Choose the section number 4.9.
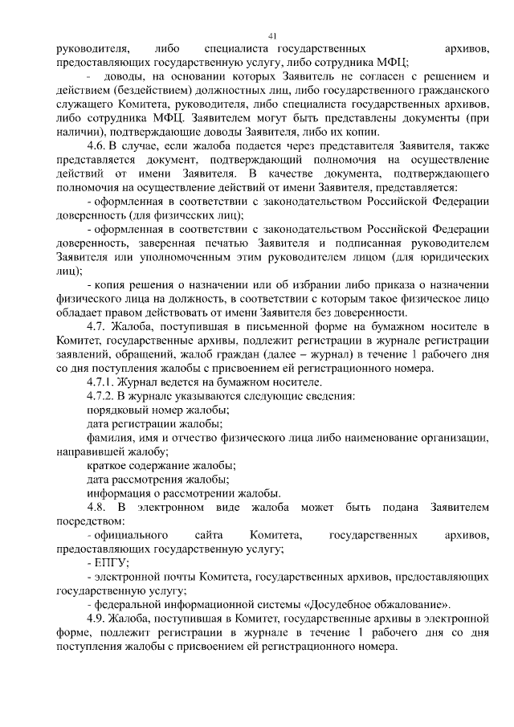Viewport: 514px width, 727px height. (97, 619)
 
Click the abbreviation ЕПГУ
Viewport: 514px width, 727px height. (108, 562)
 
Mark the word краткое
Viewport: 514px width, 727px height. (108, 465)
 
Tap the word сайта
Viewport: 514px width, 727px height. (208, 535)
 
